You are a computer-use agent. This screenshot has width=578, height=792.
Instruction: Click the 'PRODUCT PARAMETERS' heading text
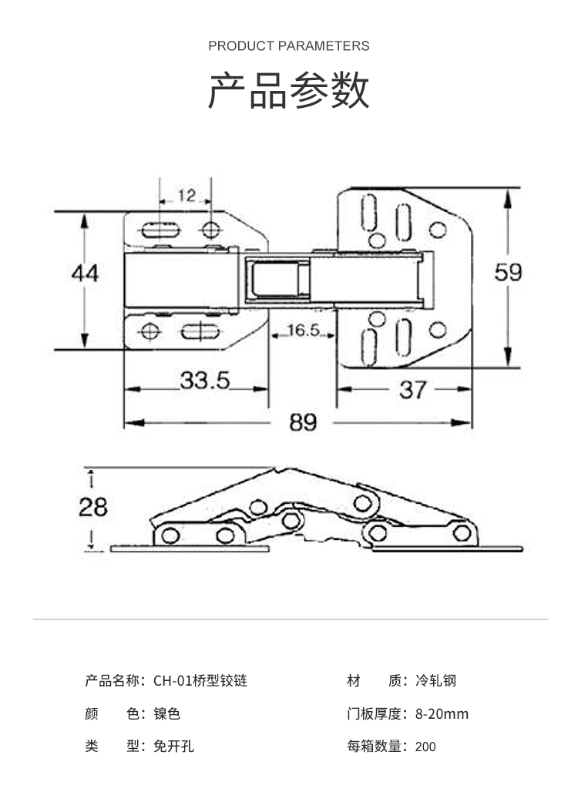tap(288, 46)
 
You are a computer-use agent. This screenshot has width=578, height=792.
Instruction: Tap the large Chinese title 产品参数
tap(289, 91)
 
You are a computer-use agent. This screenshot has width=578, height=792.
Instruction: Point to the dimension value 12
tap(187, 196)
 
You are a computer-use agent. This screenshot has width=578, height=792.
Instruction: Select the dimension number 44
tap(85, 273)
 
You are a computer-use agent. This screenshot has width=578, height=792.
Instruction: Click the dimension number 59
tap(508, 273)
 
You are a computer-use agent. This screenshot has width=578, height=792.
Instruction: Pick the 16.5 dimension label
tap(303, 331)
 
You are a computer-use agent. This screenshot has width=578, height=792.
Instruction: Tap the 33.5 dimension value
tap(205, 380)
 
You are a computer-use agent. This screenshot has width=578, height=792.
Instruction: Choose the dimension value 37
tap(412, 390)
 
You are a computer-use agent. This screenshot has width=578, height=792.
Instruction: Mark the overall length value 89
tap(303, 422)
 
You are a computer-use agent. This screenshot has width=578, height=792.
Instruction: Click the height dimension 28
tap(93, 506)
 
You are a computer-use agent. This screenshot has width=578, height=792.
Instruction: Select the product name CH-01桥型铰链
tap(200, 681)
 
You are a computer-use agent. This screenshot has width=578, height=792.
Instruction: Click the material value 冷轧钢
tap(435, 681)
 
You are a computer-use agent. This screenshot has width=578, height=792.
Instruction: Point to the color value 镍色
tap(166, 714)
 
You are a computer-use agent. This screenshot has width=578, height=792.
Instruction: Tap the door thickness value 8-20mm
tap(442, 714)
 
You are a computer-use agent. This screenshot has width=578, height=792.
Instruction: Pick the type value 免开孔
tap(173, 747)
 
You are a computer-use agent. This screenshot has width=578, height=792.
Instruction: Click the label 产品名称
tap(112, 681)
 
